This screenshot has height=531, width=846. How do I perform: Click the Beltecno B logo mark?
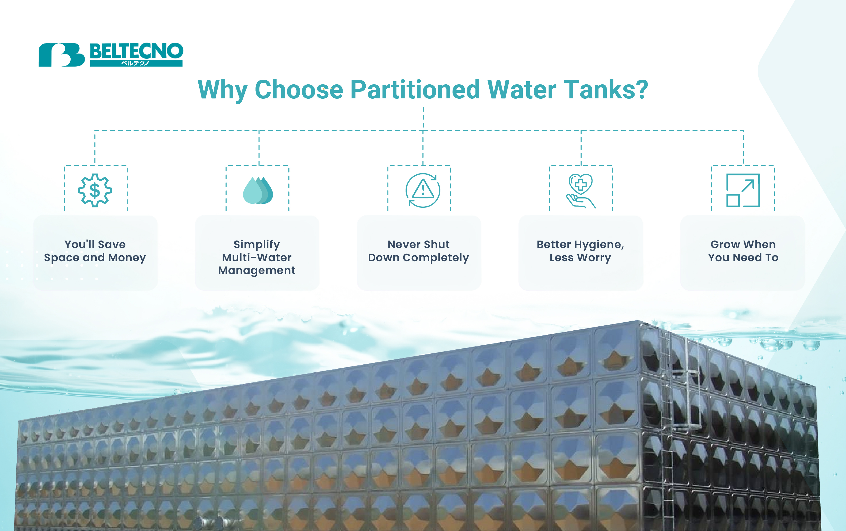pos(62,55)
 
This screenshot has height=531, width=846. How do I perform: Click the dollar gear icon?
pos(95,190)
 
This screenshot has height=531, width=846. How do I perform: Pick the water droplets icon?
pos(258,190)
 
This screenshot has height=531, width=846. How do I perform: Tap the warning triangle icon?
pos(423,190)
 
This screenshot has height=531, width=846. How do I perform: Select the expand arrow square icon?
pos(743,190)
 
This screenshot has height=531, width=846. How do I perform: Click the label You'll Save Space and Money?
pos(95,251)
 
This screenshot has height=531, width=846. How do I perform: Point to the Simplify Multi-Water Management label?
pos(257,257)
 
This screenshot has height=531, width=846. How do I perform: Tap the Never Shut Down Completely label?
pos(418,251)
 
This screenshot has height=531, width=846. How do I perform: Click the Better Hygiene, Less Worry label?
pos(580,251)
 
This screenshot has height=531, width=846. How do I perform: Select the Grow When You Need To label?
pos(743,251)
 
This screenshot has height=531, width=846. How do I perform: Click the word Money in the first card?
pos(127,258)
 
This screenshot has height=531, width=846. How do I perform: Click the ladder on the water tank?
pos(674,421)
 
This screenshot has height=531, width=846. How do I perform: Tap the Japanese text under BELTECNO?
pos(135,63)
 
